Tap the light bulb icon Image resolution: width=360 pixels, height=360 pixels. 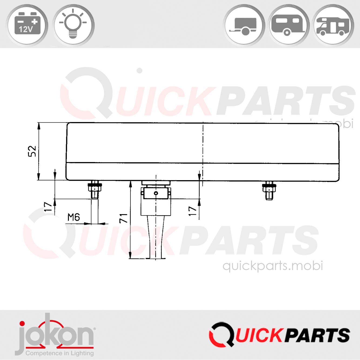click(x=73, y=25)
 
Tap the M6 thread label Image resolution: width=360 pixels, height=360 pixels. click(x=74, y=217)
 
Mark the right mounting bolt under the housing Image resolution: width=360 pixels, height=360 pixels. click(x=268, y=190)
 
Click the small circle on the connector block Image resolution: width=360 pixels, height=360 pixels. click(x=156, y=193)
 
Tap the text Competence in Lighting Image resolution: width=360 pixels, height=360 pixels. click(x=59, y=353)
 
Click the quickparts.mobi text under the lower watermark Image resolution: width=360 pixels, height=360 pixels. click(x=273, y=266)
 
